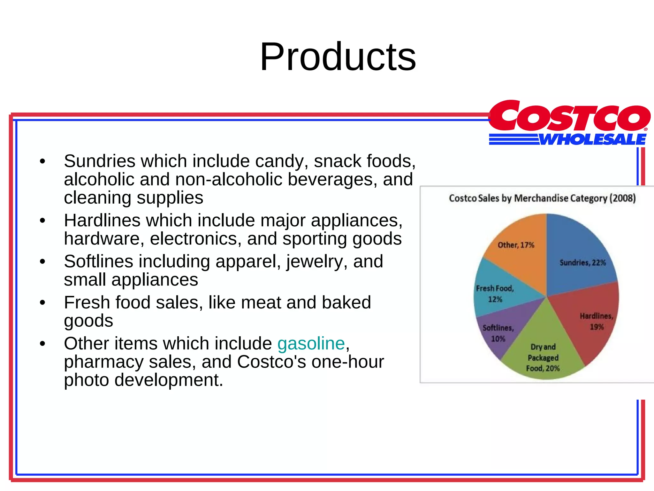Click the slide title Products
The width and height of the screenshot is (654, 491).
click(338, 57)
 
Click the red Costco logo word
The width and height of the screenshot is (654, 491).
click(569, 117)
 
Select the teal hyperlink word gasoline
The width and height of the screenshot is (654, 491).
click(311, 343)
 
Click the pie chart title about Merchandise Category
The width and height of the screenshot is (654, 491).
click(542, 198)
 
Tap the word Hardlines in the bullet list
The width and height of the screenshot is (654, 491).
click(102, 220)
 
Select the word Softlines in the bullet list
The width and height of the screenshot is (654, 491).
click(98, 261)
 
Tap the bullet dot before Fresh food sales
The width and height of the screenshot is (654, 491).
click(42, 302)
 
